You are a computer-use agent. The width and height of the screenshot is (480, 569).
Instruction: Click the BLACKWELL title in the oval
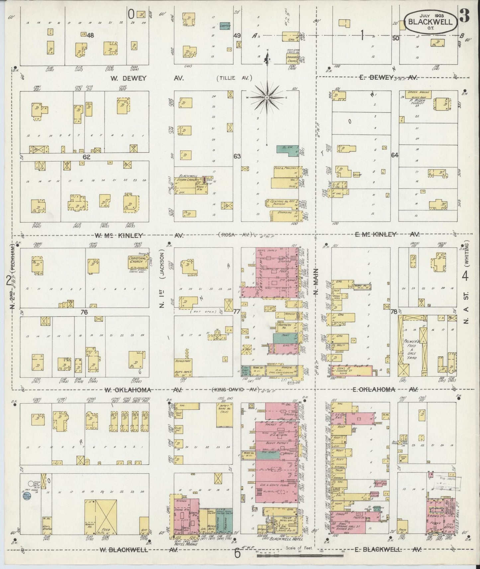tap(430, 22)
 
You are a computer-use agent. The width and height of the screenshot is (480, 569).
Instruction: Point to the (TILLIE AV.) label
tap(235, 78)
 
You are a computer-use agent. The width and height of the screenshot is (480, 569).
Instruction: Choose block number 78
tap(394, 312)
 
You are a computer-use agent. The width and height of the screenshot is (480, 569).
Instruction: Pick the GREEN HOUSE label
tap(419, 92)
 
